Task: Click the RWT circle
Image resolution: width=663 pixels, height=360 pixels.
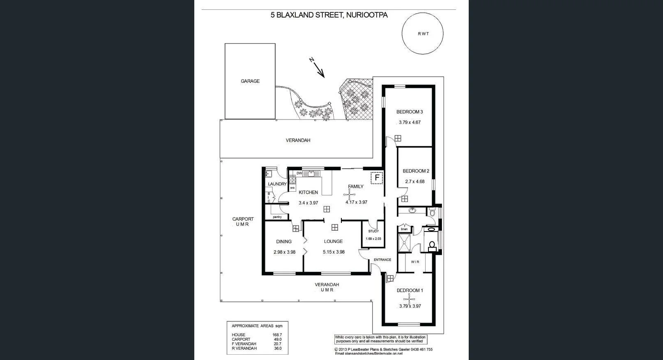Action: pyautogui.click(x=422, y=34)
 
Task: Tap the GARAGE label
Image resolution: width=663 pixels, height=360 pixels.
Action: pyautogui.click(x=250, y=81)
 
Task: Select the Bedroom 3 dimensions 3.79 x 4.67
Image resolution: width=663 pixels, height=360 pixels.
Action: pyautogui.click(x=410, y=122)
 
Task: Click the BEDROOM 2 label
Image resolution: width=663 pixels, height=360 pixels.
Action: pyautogui.click(x=416, y=171)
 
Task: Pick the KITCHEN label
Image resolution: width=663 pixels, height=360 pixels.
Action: pyautogui.click(x=308, y=193)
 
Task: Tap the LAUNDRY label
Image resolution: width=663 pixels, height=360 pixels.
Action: pyautogui.click(x=277, y=184)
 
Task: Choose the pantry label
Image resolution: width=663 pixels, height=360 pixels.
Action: pyautogui.click(x=277, y=217)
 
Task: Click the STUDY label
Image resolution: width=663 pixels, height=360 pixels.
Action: pyautogui.click(x=373, y=232)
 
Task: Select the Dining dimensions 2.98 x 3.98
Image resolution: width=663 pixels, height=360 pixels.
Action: pyautogui.click(x=284, y=252)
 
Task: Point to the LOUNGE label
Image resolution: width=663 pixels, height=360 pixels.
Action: pyautogui.click(x=333, y=242)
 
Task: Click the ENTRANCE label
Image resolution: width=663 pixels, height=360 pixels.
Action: pyautogui.click(x=382, y=260)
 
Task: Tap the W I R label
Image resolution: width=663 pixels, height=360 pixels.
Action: pyautogui.click(x=415, y=262)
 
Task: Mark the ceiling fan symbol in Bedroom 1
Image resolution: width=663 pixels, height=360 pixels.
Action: pyautogui.click(x=409, y=299)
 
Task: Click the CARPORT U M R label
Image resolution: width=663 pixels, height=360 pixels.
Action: pyautogui.click(x=243, y=222)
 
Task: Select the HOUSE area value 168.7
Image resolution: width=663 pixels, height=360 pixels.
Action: pyautogui.click(x=277, y=335)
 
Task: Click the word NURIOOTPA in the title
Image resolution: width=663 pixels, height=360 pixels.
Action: pyautogui.click(x=367, y=15)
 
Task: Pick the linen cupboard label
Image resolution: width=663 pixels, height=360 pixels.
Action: pyautogui.click(x=404, y=229)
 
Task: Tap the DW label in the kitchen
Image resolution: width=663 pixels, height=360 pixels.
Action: pyautogui.click(x=299, y=173)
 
